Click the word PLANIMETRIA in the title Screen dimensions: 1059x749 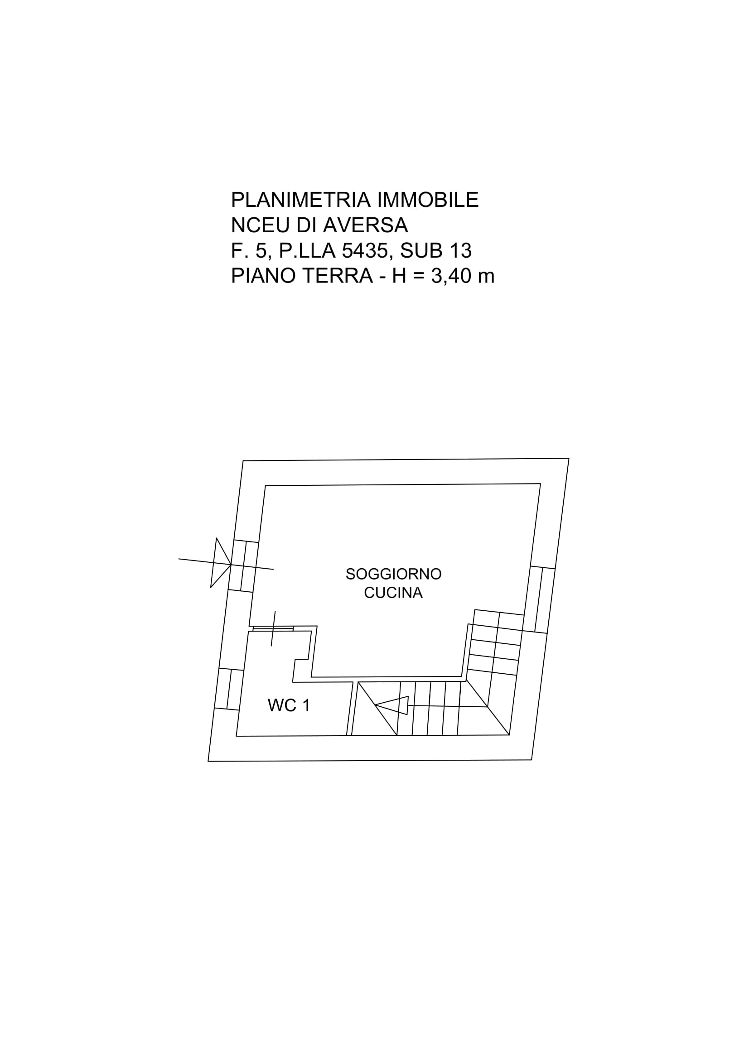[301, 200]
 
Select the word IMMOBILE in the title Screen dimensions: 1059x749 [428, 200]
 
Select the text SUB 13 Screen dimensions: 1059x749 [435, 251]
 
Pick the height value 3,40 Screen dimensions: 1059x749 [452, 276]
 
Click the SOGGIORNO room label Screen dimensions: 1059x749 [394, 574]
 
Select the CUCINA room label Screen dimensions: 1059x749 [393, 593]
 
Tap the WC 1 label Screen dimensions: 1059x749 [289, 706]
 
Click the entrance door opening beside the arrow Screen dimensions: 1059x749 [243, 566]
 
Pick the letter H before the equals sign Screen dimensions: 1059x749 [399, 276]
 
